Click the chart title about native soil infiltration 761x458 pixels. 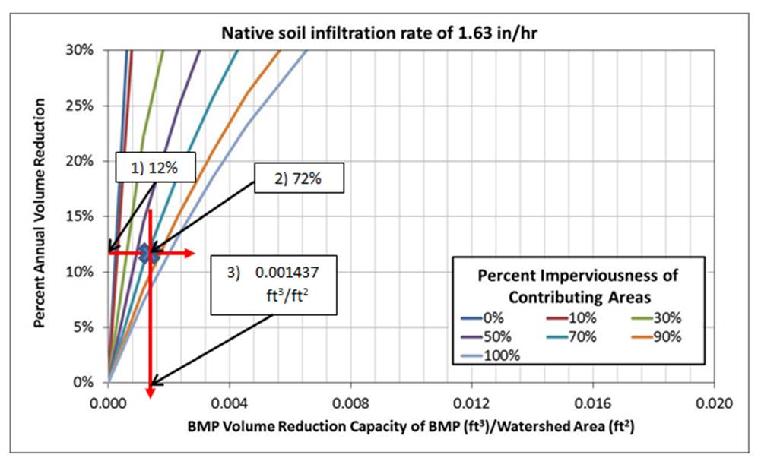379,33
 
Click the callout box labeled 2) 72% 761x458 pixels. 300,181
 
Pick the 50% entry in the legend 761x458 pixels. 487,336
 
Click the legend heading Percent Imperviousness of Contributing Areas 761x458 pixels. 579,284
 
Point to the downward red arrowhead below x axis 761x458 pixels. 151,393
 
